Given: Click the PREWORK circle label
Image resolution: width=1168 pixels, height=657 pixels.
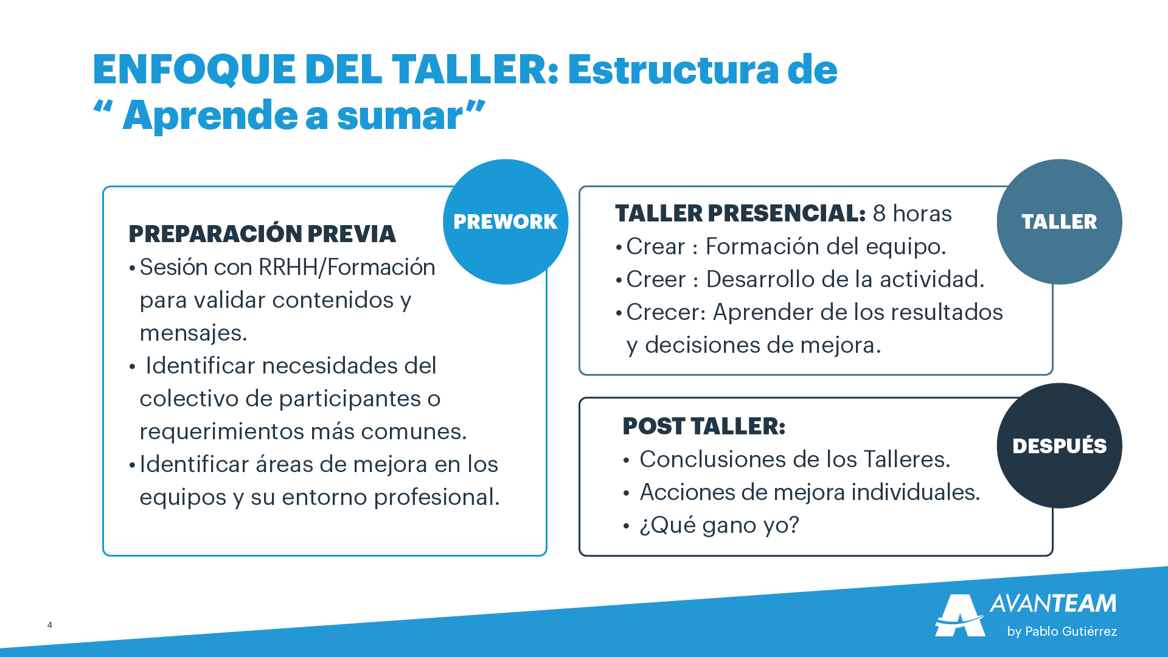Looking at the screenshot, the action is point(506,221).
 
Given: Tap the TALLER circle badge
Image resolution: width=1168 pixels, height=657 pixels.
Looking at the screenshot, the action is point(1059,221).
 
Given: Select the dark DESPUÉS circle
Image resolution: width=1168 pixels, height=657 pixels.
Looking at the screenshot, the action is point(1059,445).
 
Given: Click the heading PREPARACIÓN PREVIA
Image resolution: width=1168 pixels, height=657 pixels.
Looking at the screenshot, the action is point(262,234).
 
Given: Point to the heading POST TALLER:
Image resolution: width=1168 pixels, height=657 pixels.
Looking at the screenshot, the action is point(704,426).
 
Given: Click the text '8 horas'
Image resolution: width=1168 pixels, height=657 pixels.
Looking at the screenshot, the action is point(912,214).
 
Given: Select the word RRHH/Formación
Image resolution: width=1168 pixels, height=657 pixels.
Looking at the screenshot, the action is point(347,267).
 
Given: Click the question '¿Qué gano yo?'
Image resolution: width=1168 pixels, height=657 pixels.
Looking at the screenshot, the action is point(719,525).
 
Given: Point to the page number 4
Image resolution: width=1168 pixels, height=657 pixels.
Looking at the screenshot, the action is point(50,625).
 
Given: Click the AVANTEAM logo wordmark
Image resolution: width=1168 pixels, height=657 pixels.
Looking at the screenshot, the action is point(1053,603).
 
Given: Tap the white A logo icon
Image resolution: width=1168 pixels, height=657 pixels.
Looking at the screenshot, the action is point(960,615).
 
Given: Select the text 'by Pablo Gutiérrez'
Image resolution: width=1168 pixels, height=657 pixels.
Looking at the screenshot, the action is point(1062,631).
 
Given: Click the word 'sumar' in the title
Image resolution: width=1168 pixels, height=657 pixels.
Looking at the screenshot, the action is point(400,116).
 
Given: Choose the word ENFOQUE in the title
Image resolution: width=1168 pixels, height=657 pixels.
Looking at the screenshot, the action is point(195,69).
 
